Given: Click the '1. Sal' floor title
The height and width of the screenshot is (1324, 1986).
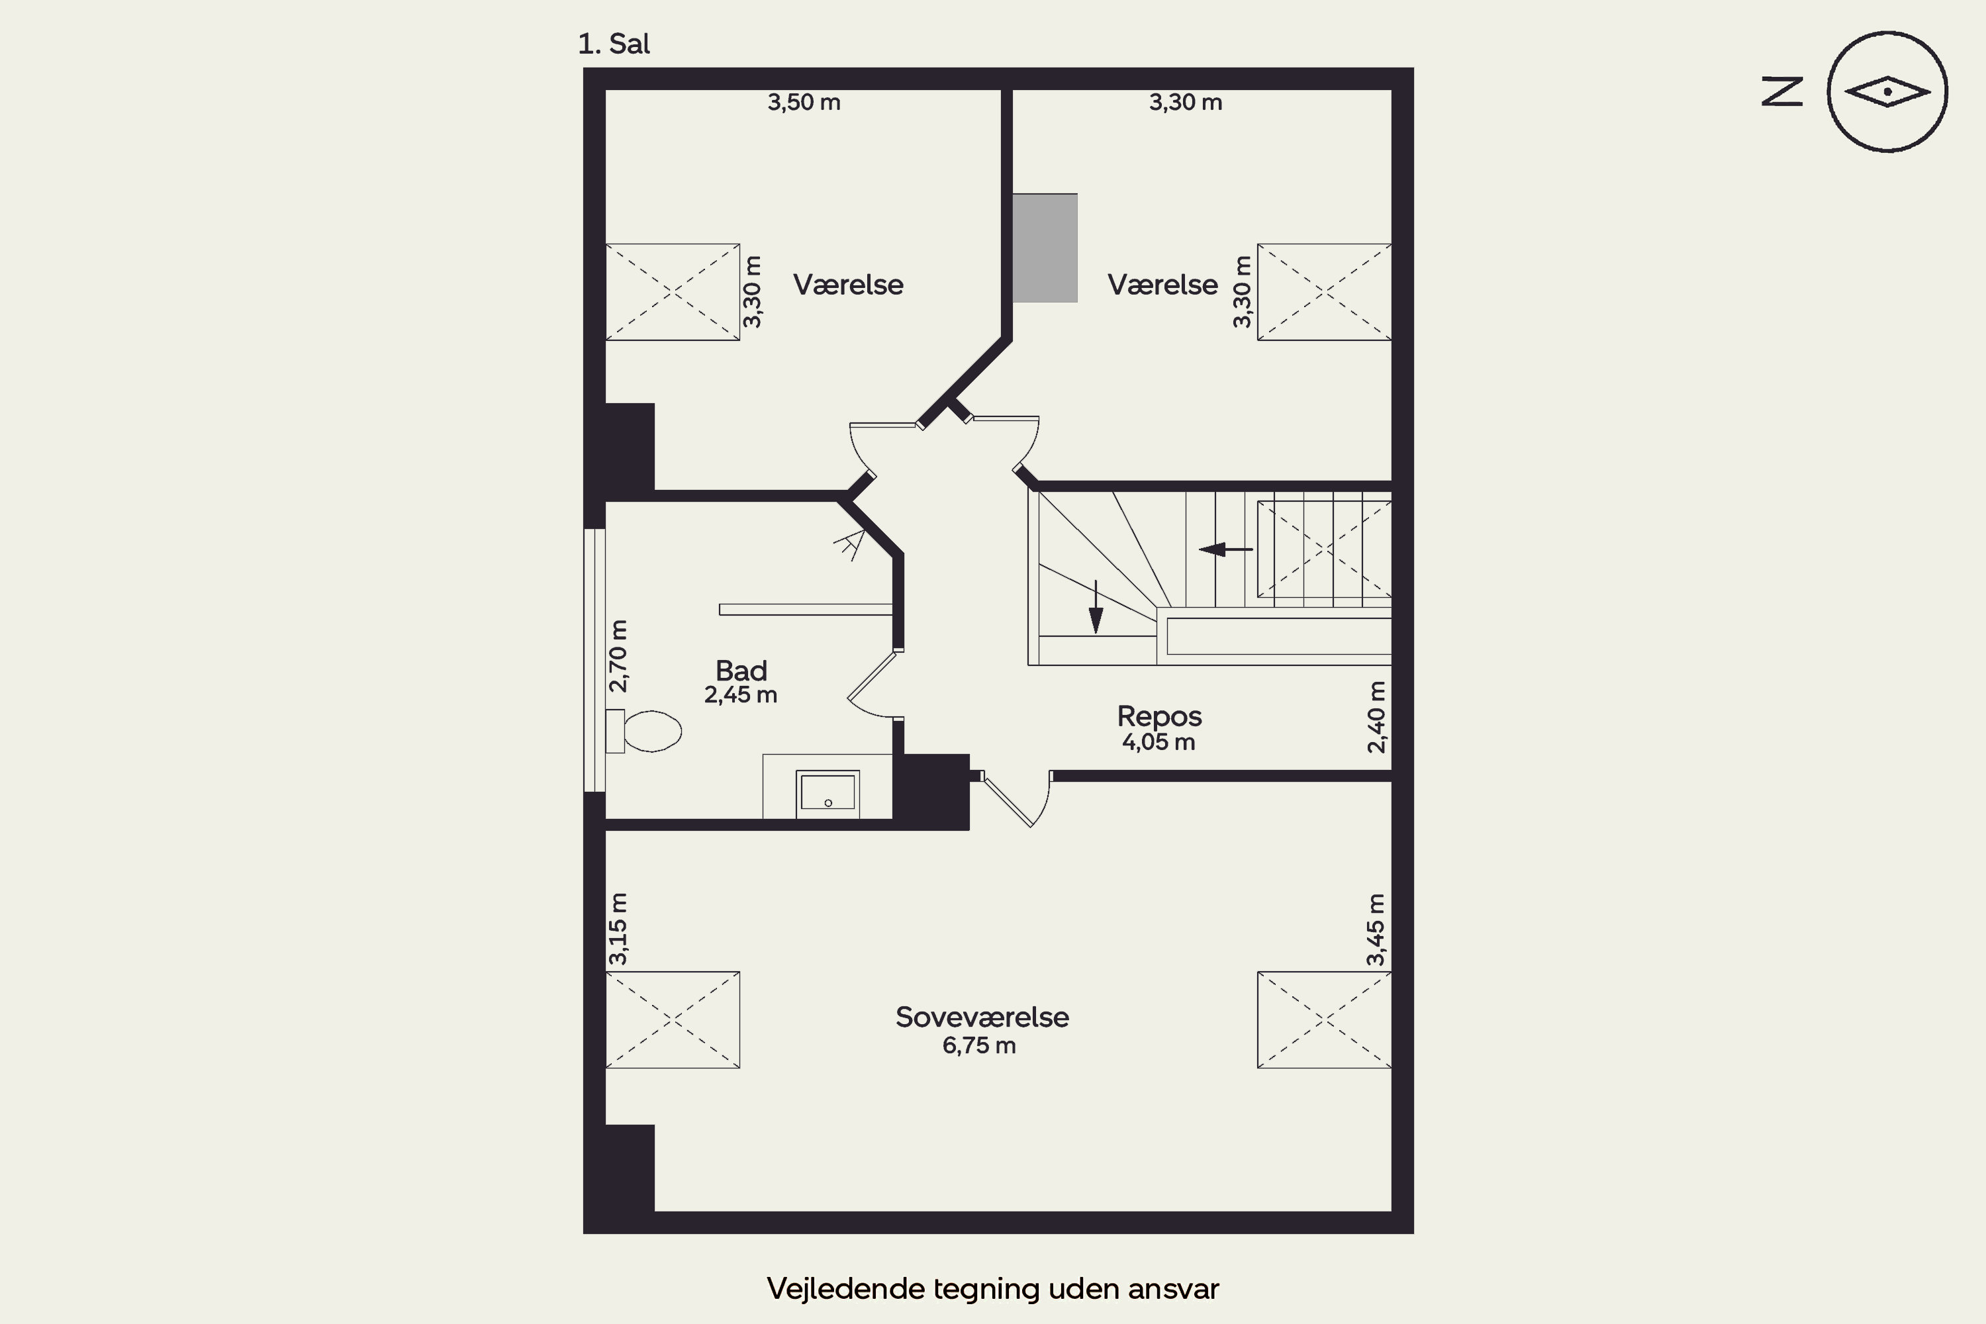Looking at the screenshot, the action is click(614, 44).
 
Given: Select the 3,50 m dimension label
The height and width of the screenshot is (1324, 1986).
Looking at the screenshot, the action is click(804, 102).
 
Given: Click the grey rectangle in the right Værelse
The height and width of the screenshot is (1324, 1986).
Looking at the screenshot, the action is click(1045, 248).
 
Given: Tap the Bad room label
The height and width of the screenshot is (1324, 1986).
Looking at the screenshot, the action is click(741, 671).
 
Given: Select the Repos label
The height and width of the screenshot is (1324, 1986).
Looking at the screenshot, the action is click(1159, 716).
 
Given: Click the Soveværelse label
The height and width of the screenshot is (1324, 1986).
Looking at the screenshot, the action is click(982, 1017).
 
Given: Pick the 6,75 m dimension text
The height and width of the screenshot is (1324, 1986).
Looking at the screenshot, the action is click(980, 1045).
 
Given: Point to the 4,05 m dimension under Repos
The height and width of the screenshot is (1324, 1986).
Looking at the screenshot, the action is click(1158, 742).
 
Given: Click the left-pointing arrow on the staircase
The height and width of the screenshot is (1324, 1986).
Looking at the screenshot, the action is click(1226, 549).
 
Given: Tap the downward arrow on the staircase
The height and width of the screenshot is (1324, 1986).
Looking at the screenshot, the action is click(1096, 606).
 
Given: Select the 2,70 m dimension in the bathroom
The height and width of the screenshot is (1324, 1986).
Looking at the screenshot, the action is click(618, 656).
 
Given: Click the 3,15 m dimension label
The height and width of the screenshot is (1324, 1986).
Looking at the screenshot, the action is click(618, 929).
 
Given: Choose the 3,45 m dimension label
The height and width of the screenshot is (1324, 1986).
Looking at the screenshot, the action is click(1376, 929).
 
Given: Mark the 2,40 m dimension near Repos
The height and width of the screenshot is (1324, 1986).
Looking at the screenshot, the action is click(1376, 717).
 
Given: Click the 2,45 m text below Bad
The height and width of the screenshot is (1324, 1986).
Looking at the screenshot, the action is click(741, 695).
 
